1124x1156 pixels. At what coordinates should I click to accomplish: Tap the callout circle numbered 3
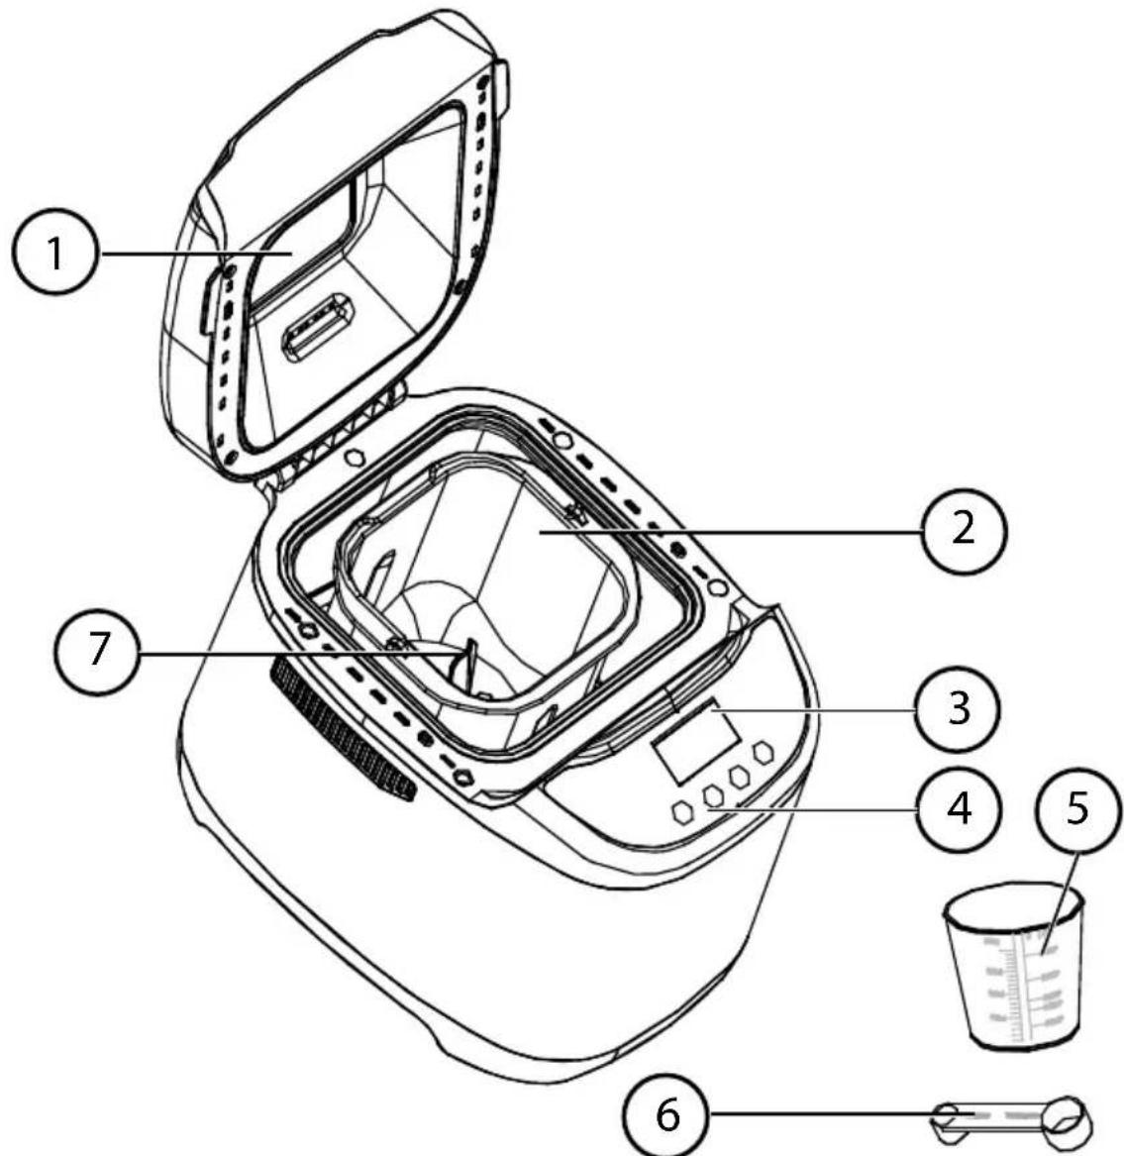click(x=957, y=710)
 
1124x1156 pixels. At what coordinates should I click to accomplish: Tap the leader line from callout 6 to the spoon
click(x=822, y=1115)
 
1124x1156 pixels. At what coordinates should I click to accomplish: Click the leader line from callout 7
click(x=297, y=654)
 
